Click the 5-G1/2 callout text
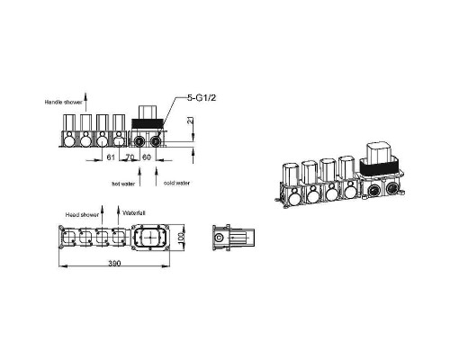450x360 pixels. coord(202,98)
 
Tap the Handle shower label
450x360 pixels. coord(63,103)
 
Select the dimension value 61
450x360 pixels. coord(111,157)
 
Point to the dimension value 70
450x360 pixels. coord(130,157)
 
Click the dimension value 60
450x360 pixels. coord(147,157)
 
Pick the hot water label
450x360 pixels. coord(123,184)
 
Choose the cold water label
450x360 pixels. coord(176,183)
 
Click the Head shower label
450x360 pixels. coord(82,215)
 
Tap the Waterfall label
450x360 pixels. coord(134,213)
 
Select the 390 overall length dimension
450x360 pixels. coord(114,263)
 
